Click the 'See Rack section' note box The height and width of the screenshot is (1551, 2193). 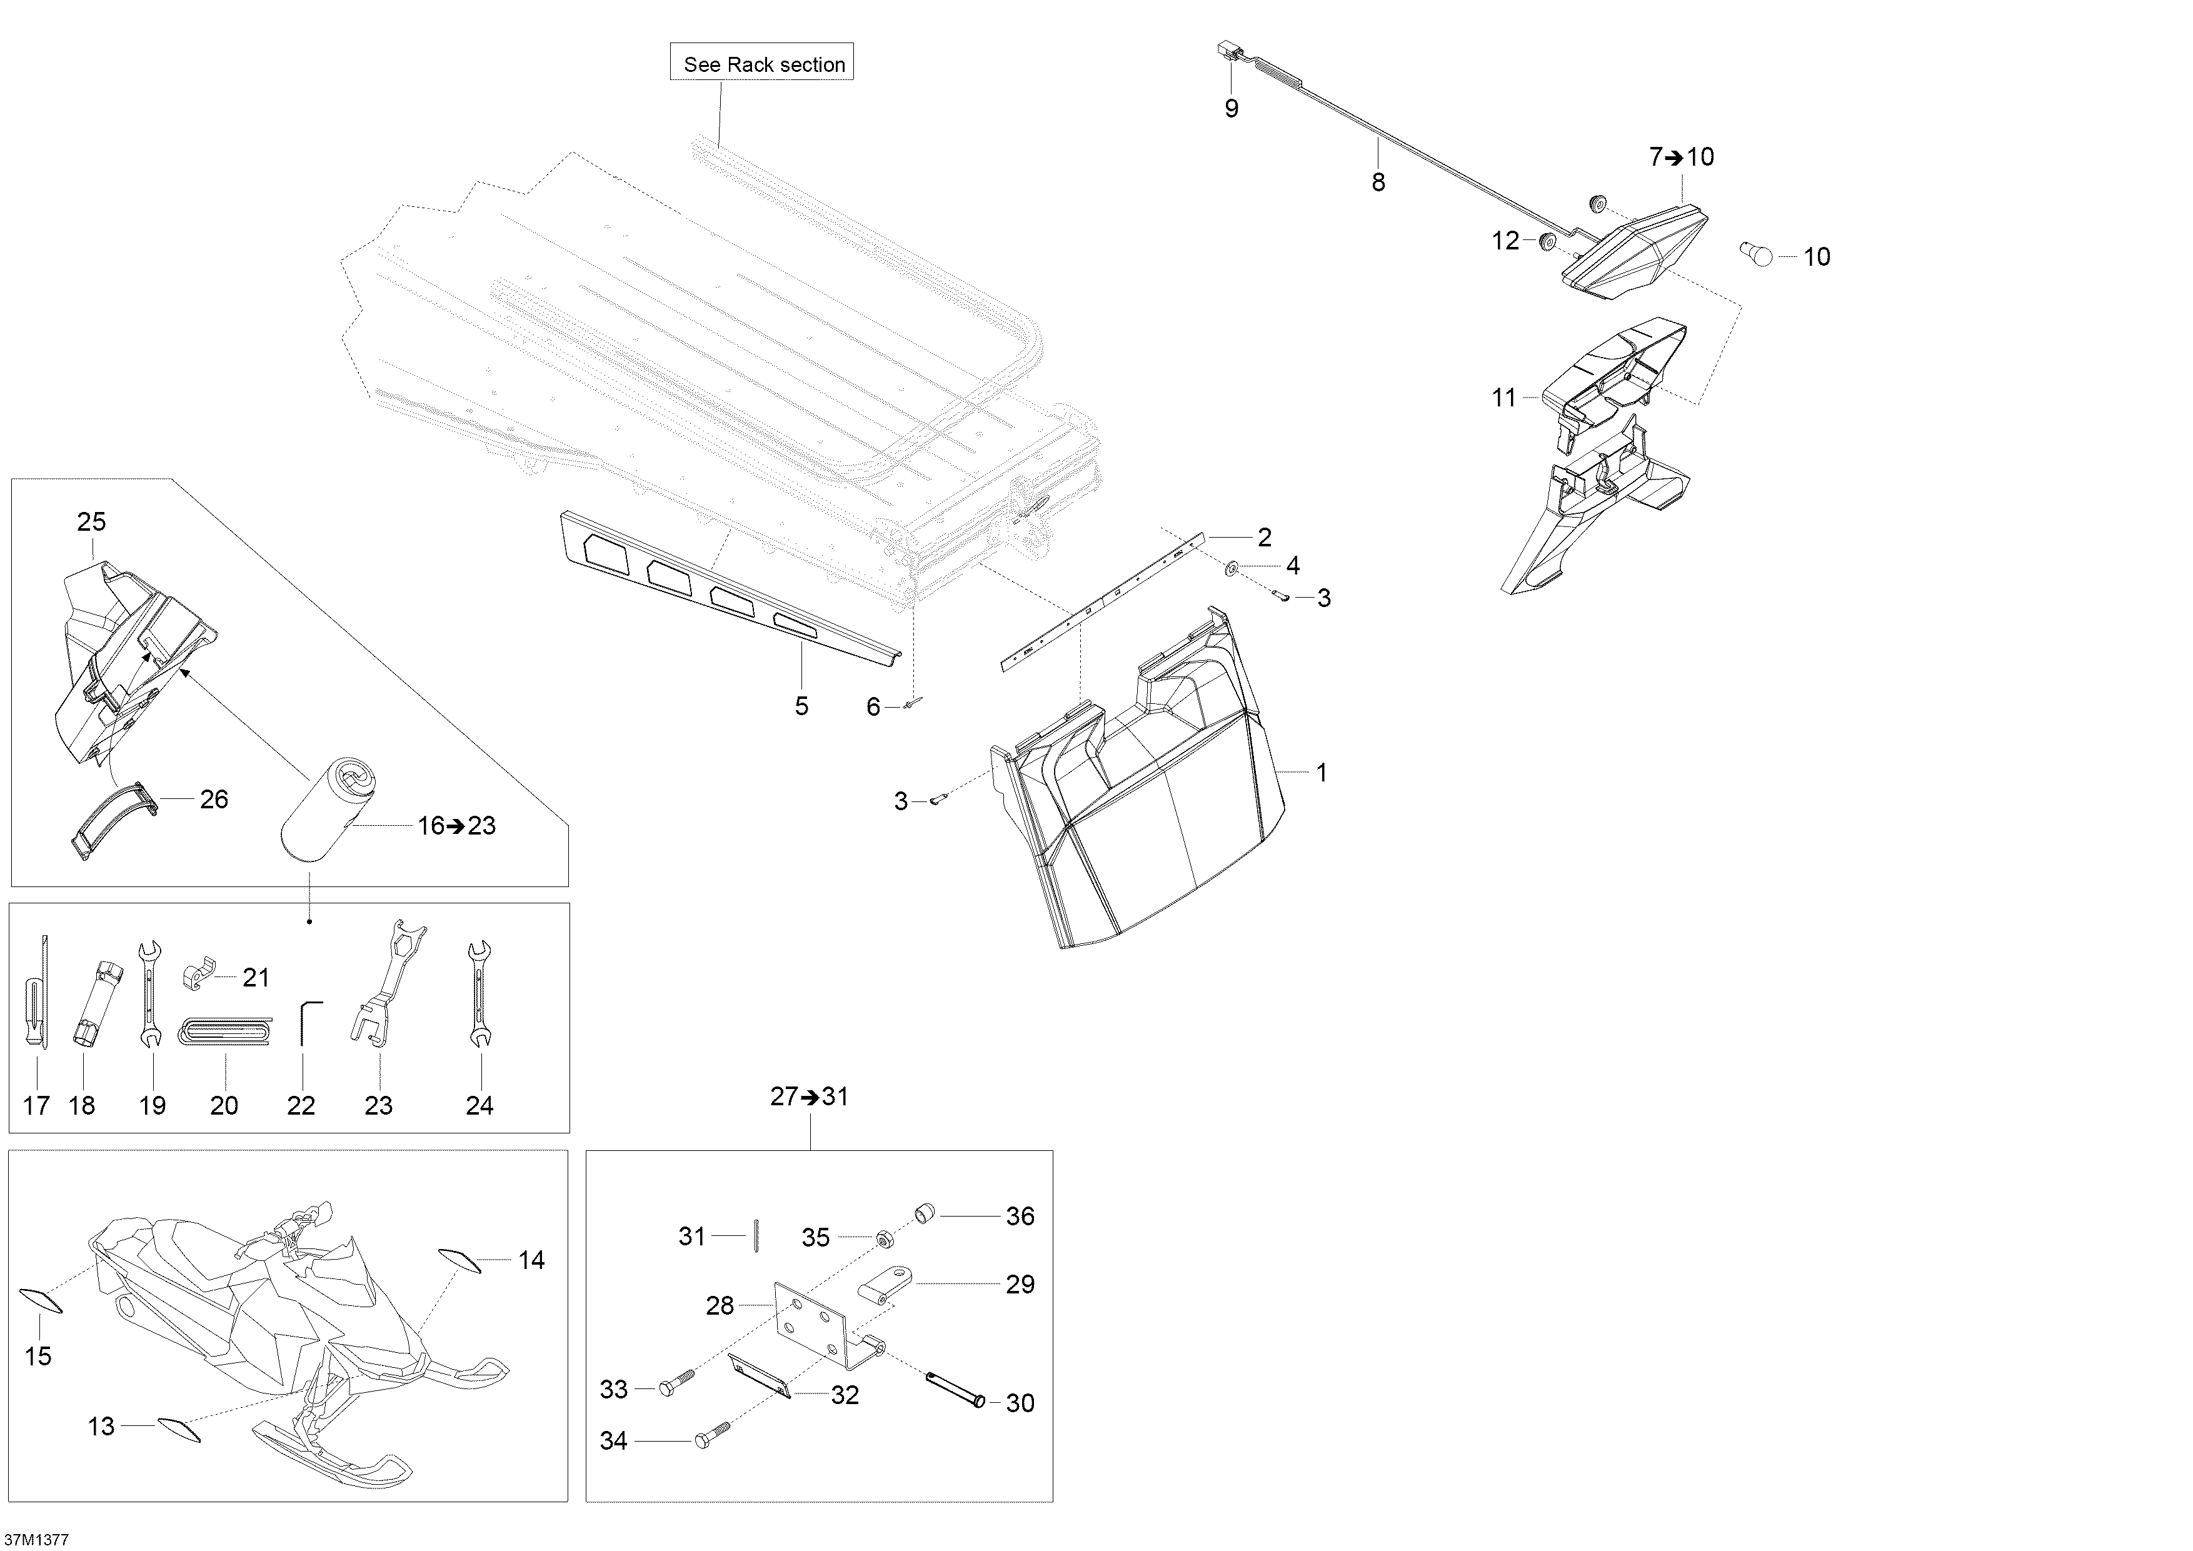(x=762, y=63)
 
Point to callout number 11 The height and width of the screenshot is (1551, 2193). (x=1503, y=398)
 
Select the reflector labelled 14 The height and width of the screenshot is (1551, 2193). (x=458, y=1259)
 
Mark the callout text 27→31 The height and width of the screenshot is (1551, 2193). (x=809, y=1097)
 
